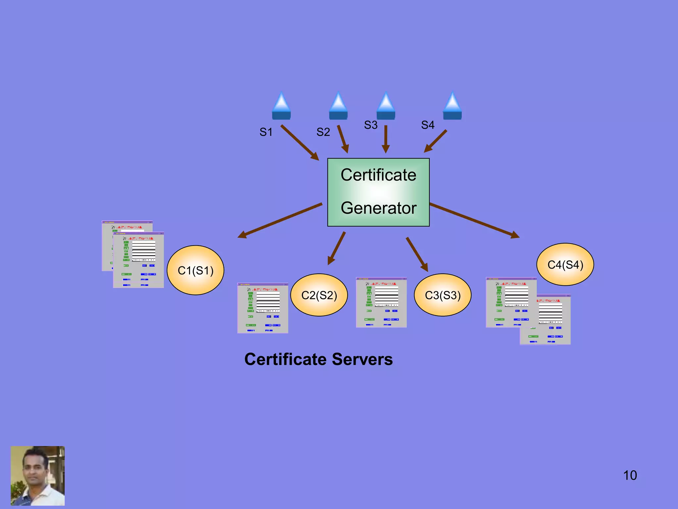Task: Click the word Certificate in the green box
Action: pyautogui.click(x=378, y=175)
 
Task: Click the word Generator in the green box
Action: pyautogui.click(x=378, y=208)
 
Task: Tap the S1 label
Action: pyautogui.click(x=266, y=132)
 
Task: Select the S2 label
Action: pyautogui.click(x=323, y=132)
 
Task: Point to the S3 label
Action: pyautogui.click(x=370, y=125)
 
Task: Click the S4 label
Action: pyautogui.click(x=427, y=125)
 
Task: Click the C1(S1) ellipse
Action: pyautogui.click(x=195, y=270)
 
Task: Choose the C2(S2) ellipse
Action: pyautogui.click(x=319, y=295)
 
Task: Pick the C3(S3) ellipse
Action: pyautogui.click(x=442, y=295)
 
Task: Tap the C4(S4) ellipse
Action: pyautogui.click(x=565, y=264)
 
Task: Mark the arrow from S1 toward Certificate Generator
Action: pyautogui.click(x=299, y=142)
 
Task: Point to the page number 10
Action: pyautogui.click(x=630, y=475)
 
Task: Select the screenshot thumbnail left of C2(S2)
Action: pyautogui.click(x=263, y=308)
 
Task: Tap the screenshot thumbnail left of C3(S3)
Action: pyautogui.click(x=381, y=302)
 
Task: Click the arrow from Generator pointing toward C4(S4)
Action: pyautogui.click(x=474, y=220)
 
